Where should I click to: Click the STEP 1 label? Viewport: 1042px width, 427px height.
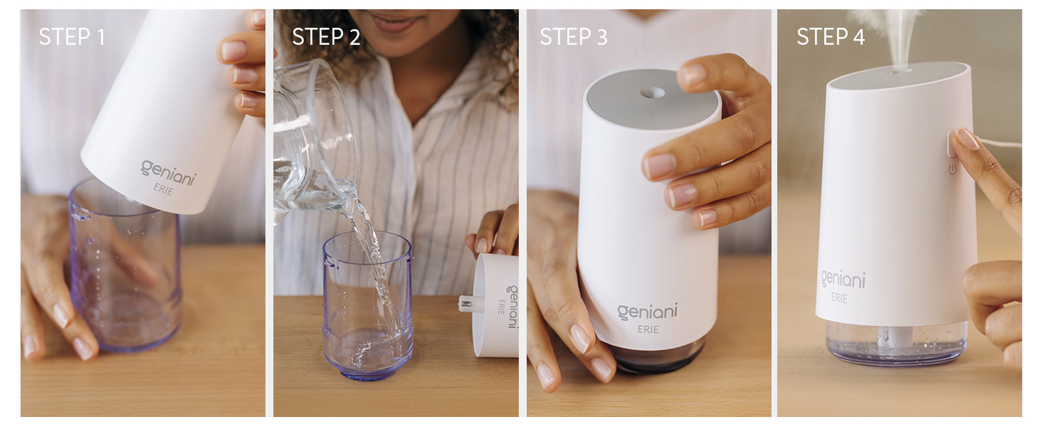click(x=72, y=37)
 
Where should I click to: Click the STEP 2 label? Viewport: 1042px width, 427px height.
click(x=326, y=37)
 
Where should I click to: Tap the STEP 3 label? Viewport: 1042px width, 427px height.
click(x=574, y=37)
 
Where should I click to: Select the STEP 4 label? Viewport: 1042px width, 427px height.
click(x=831, y=37)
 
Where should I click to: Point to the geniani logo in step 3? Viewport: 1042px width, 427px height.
click(x=647, y=312)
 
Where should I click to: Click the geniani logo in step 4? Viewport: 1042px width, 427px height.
click(x=843, y=278)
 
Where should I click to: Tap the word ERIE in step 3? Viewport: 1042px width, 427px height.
click(x=648, y=330)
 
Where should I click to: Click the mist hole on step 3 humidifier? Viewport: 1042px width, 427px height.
click(x=652, y=92)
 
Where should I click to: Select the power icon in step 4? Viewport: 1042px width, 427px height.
click(x=952, y=169)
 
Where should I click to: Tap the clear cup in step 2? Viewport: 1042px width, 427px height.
click(x=367, y=306)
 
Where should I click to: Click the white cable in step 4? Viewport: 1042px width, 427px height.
click(x=1000, y=142)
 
